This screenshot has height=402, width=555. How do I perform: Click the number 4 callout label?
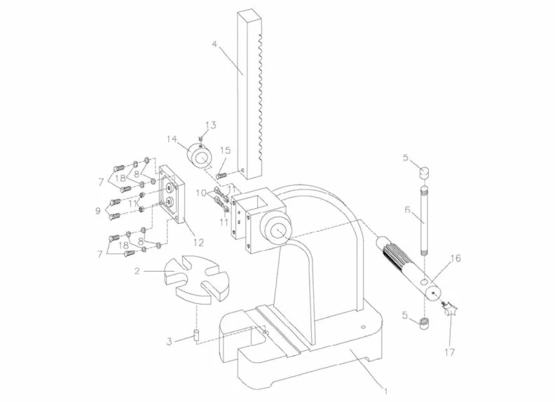(x=214, y=47)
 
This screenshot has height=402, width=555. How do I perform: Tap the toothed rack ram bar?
(x=250, y=91)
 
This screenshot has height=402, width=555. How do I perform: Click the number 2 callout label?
(x=139, y=270)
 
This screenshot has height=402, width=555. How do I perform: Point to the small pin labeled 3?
(x=198, y=335)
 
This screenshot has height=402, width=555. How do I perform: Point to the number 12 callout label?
(x=198, y=242)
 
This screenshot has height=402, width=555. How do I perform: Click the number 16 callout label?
(x=455, y=258)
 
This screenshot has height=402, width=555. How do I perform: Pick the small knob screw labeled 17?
(x=449, y=308)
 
